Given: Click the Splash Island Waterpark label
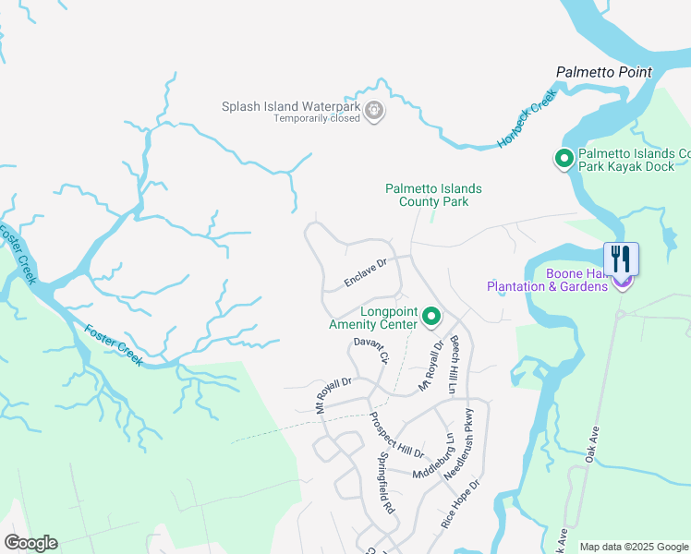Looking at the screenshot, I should [x=290, y=106].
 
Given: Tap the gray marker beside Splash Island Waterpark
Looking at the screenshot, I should [x=374, y=112].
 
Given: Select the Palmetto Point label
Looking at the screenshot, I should [x=603, y=72].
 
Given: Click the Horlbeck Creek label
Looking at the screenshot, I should [x=527, y=120].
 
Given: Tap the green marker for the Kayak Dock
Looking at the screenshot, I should [x=564, y=160].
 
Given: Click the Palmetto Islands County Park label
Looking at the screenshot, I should [x=433, y=195].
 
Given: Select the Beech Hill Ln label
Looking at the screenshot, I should [x=455, y=366].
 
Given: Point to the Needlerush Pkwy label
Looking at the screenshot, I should [x=462, y=443].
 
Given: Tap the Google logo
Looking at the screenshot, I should [x=30, y=542].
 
